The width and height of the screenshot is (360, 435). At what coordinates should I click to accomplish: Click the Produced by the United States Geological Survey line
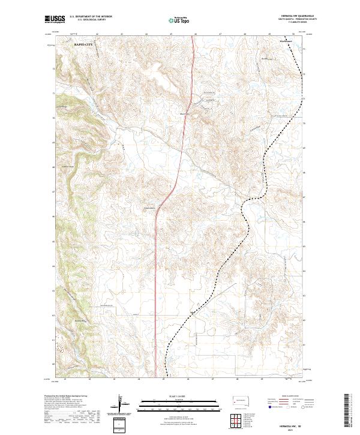click(x=66, y=397)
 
